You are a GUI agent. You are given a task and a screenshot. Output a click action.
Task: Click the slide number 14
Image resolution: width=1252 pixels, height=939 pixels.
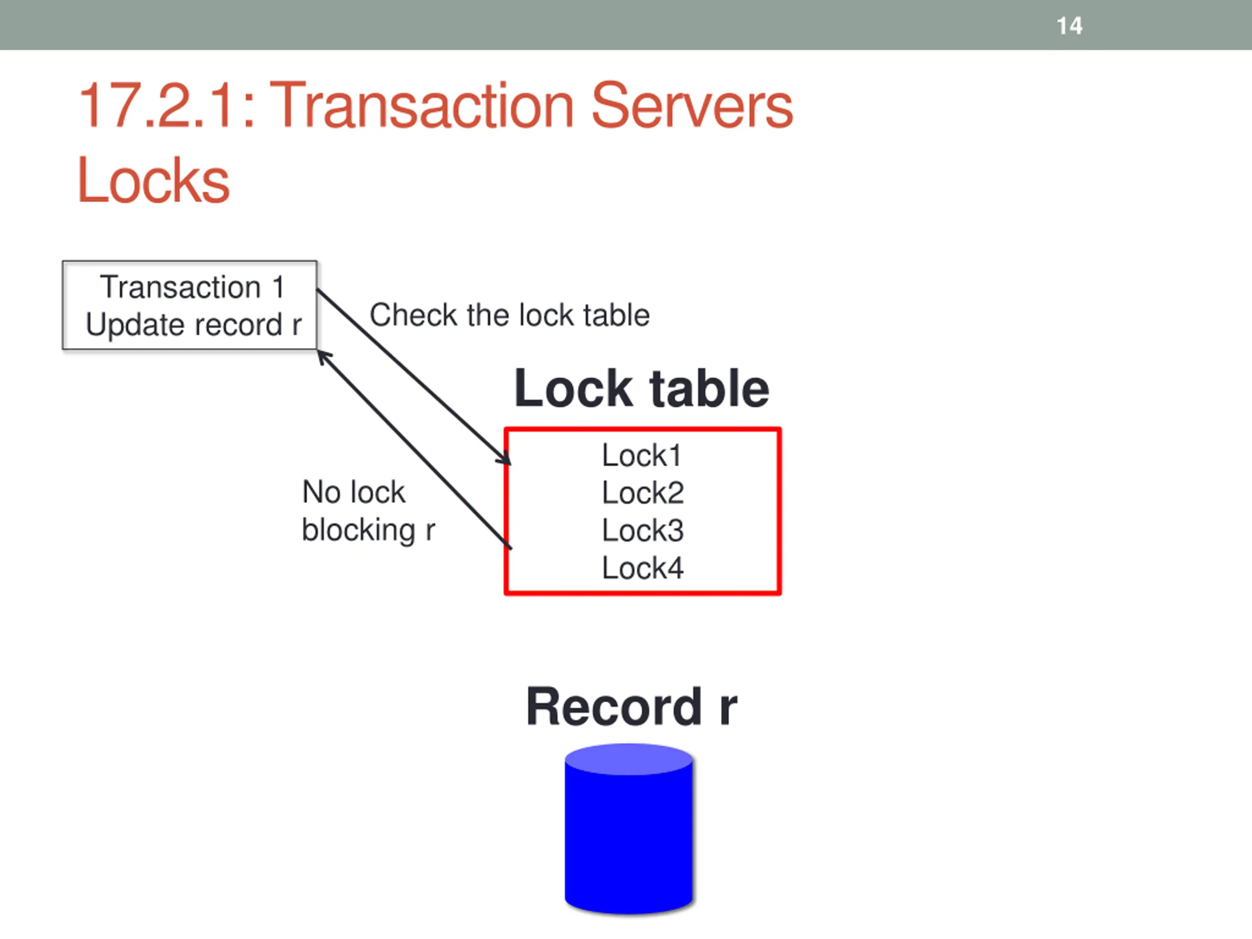pos(1069,25)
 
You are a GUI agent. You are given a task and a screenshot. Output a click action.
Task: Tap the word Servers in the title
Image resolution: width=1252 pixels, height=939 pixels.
pos(692,105)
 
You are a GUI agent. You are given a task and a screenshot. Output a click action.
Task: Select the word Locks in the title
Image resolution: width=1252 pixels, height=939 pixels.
pos(153,180)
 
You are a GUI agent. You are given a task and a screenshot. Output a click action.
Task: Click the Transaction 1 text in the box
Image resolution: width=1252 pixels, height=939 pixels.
pos(192,287)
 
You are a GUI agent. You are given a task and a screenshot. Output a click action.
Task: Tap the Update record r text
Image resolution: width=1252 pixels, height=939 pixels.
pos(193,325)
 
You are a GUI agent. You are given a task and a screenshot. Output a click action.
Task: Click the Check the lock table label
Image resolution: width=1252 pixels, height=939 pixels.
pos(510,315)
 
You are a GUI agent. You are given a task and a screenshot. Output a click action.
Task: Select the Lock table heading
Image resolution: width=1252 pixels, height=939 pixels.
pos(641,389)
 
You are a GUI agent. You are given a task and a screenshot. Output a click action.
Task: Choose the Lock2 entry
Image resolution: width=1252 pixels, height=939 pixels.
pos(643,493)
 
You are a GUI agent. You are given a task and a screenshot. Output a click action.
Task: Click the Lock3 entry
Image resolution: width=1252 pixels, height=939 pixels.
pos(643,530)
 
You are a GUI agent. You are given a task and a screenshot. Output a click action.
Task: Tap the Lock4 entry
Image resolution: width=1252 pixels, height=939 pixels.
pos(643,568)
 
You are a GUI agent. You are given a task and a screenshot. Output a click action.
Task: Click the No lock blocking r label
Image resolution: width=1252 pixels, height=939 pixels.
pos(368,511)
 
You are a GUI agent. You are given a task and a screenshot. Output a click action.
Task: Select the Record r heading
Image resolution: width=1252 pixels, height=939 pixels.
pos(631,706)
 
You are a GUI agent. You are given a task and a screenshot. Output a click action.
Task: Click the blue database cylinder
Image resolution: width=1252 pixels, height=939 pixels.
pos(629,838)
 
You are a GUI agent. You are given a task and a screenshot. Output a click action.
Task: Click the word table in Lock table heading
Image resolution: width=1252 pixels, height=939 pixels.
pos(710,389)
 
